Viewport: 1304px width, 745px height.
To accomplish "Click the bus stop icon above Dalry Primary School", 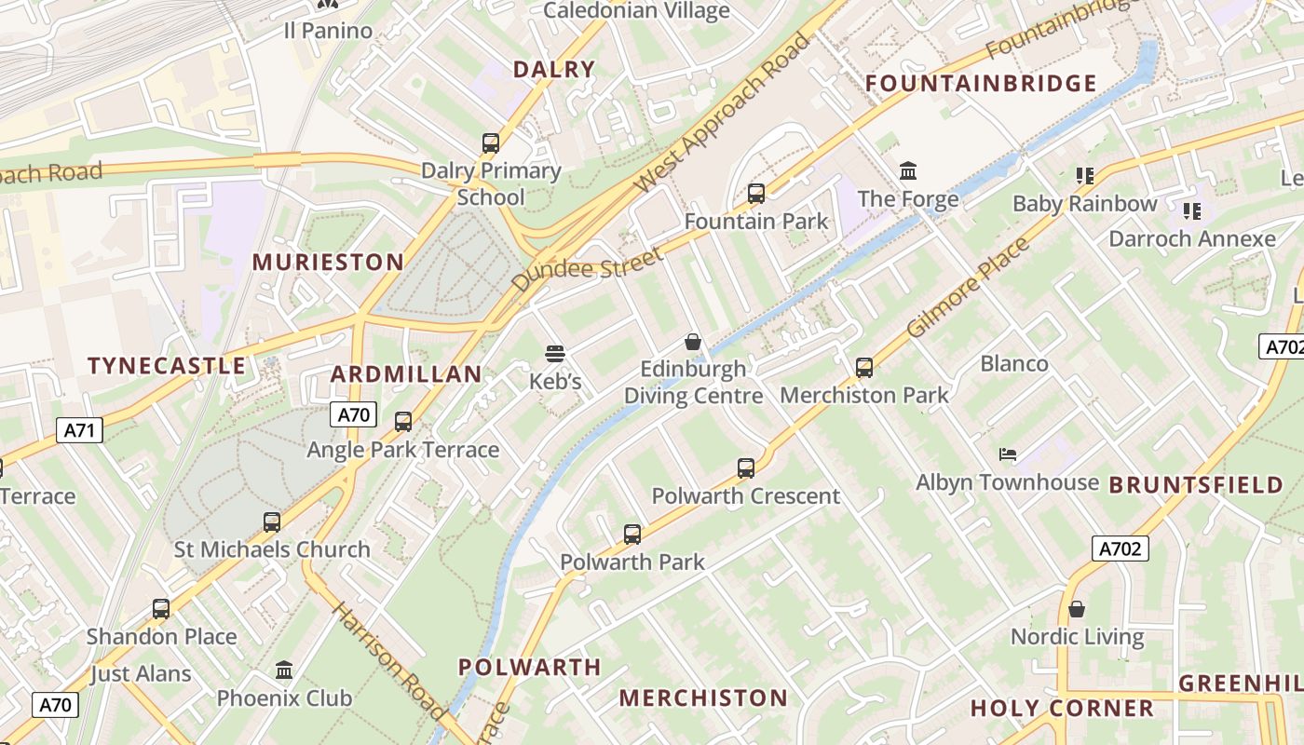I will pos(491,143).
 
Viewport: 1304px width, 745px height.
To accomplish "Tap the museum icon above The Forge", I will pos(908,171).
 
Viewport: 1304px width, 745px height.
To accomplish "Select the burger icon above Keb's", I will pos(555,354).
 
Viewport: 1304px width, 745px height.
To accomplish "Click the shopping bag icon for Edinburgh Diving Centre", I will pos(692,341).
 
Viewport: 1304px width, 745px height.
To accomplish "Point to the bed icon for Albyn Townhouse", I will pos(1007,454).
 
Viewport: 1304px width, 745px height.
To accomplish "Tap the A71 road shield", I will pos(79,430).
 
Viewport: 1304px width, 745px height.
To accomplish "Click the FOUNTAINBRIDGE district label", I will pos(981,84).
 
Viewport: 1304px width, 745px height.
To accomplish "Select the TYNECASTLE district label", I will pos(167,366).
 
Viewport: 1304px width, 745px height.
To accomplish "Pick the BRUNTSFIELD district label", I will pos(1196,485).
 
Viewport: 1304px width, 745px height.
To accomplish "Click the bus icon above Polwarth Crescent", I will pos(746,468).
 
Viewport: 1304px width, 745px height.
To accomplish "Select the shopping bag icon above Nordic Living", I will pos(1077,609).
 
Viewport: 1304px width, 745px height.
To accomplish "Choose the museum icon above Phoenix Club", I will pos(284,670).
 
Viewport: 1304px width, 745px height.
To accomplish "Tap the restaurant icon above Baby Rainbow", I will pos(1084,175).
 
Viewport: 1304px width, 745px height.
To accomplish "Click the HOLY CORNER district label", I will pos(1062,709).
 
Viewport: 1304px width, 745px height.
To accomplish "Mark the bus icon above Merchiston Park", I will pos(864,368).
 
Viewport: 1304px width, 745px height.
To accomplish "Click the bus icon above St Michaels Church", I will pos(272,522).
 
